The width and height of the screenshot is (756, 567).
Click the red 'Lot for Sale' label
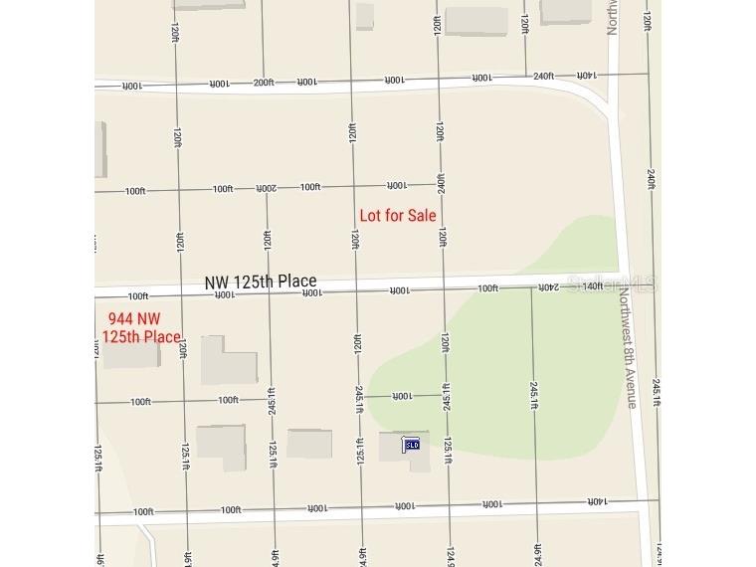tap(397, 215)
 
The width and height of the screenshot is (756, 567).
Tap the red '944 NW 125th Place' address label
tap(141, 327)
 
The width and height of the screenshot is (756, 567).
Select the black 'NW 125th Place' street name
tap(261, 283)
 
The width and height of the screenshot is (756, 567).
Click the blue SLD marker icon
tap(411, 444)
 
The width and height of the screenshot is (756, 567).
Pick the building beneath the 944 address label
tap(131, 353)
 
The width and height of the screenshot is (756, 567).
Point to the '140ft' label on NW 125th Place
tap(593, 286)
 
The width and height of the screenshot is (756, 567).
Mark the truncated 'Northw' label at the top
tap(613, 16)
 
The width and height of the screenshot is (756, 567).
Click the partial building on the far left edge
tap(100, 150)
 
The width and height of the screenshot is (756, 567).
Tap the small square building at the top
tap(365, 16)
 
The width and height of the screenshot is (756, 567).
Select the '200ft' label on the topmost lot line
tap(263, 83)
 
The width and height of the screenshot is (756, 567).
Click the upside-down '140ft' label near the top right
tap(586, 76)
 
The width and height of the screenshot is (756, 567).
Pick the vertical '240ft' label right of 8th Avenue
tap(651, 179)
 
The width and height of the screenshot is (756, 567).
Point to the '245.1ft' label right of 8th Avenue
tap(656, 392)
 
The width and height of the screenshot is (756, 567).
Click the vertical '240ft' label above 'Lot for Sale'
tap(440, 186)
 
